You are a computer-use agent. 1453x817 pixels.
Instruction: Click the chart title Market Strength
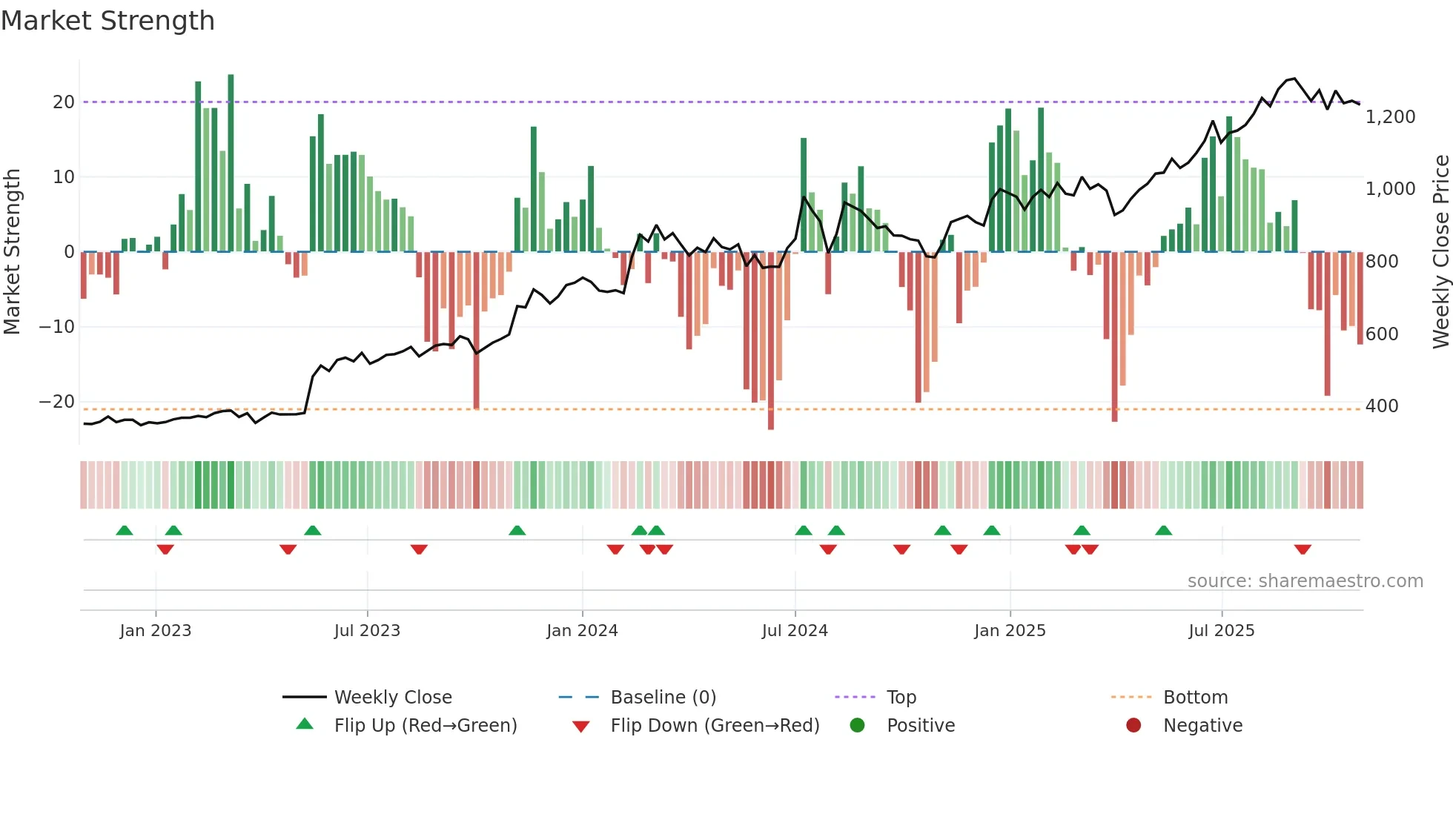tap(107, 21)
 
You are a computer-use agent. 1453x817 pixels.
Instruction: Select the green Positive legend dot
tap(857, 726)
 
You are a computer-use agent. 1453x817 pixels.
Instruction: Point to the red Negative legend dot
tap(1133, 726)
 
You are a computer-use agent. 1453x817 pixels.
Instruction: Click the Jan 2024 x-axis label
tap(582, 631)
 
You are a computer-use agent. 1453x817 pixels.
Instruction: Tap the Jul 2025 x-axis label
tap(1221, 631)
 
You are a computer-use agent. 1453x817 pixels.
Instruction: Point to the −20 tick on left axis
tap(57, 402)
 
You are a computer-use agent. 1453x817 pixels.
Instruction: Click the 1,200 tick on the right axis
tap(1390, 117)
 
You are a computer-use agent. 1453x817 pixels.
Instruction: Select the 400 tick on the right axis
tap(1382, 406)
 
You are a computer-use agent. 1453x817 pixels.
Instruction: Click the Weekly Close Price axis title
tap(1440, 252)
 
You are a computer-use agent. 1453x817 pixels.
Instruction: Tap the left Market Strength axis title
tap(12, 252)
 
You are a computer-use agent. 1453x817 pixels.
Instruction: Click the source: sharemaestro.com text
tap(1305, 581)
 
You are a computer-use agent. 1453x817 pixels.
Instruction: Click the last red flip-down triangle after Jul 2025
tap(1303, 549)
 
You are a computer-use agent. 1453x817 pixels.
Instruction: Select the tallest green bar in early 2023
tap(231, 163)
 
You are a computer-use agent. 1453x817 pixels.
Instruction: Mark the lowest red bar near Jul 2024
tap(771, 341)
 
